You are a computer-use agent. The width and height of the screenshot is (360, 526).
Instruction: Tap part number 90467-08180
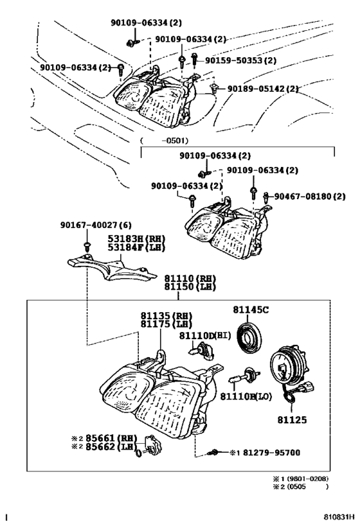pyautogui.click(x=309, y=196)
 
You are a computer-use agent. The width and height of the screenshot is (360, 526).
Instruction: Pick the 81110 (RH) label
pyautogui.click(x=190, y=278)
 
